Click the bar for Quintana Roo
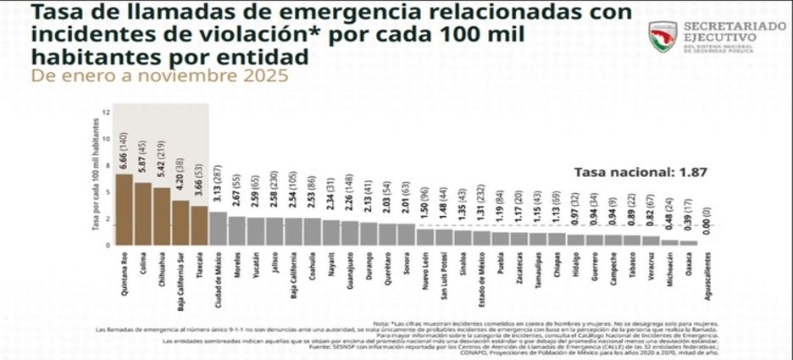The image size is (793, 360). pyautogui.click(x=124, y=210)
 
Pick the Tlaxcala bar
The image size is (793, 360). pyautogui.click(x=199, y=225)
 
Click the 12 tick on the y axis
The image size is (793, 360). pyautogui.click(x=106, y=112)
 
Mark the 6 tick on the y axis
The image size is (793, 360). pyautogui.click(x=107, y=178)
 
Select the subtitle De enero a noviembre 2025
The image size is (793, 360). pyautogui.click(x=159, y=75)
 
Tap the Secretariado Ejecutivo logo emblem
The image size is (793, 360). pyautogui.click(x=662, y=36)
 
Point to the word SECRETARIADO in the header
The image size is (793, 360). pyautogui.click(x=733, y=27)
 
